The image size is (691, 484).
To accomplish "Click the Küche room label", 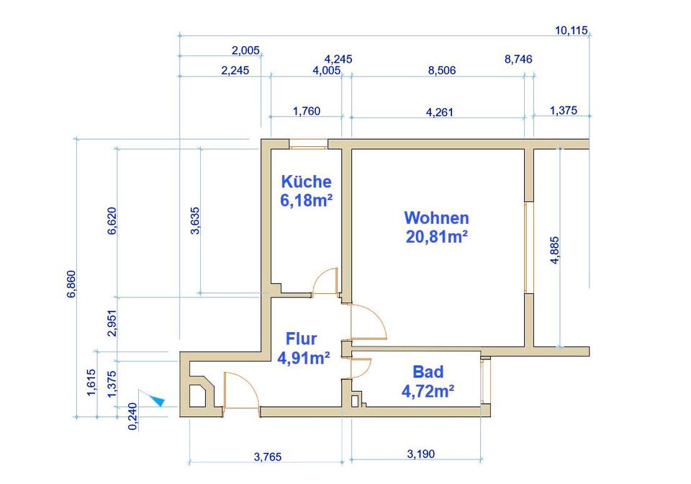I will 307,181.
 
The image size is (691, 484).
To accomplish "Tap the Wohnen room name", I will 436,218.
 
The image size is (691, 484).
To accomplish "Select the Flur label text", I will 301,338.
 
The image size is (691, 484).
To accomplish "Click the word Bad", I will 428,372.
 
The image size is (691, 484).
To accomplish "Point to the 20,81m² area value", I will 436,236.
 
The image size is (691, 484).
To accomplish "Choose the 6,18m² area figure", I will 306,200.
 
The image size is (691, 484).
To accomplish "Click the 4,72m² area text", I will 428,391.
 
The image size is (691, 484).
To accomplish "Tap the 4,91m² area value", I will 304,357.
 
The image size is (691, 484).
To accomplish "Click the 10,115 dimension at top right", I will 572,30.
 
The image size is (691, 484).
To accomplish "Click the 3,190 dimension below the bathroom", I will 421,454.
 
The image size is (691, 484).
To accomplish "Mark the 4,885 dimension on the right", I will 554,251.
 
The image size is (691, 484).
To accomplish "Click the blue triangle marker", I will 156,398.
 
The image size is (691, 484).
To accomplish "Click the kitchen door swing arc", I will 327,280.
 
